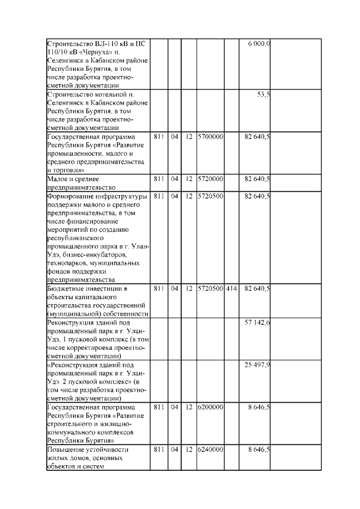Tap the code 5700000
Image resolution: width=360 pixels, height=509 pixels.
pyautogui.click(x=210, y=137)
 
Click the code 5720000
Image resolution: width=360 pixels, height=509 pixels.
pyautogui.click(x=210, y=179)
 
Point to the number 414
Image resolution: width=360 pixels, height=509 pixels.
pyautogui.click(x=231, y=289)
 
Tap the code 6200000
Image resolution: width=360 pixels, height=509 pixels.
pyautogui.click(x=210, y=407)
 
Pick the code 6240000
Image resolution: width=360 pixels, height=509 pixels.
pyautogui.click(x=210, y=449)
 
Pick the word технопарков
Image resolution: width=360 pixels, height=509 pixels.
pyautogui.click(x=68, y=263)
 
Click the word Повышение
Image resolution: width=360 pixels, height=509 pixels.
pyautogui.click(x=69, y=449)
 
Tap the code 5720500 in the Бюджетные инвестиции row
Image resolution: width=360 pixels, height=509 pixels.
pyautogui.click(x=210, y=289)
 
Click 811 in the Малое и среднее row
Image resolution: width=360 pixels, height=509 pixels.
pyautogui.click(x=158, y=179)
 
